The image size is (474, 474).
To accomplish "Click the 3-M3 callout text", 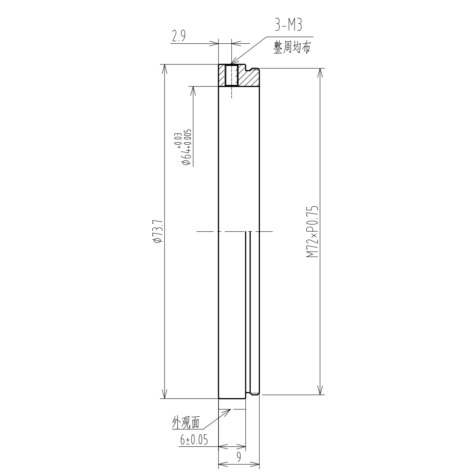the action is [x=289, y=26].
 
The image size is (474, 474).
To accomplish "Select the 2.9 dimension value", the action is [x=178, y=36].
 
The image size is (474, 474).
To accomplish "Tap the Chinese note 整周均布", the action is [x=292, y=48].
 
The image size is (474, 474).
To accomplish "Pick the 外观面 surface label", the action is [x=186, y=422].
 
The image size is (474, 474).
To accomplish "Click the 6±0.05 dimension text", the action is [x=194, y=440].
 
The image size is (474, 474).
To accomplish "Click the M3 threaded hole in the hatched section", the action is [x=232, y=75].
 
